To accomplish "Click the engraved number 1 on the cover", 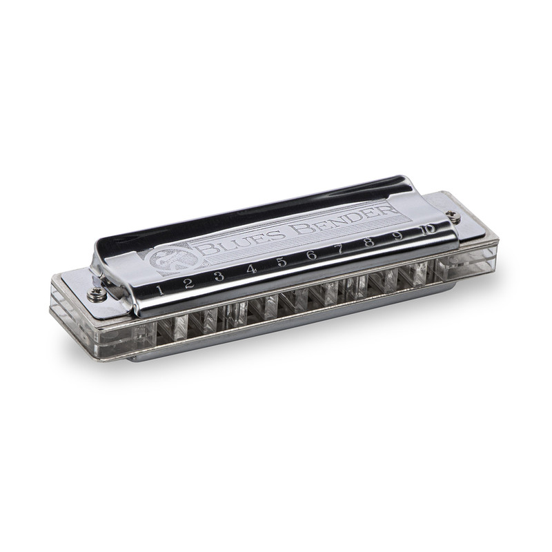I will click(x=160, y=289).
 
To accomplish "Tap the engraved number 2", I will click(x=188, y=282).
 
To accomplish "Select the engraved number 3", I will click(x=219, y=276).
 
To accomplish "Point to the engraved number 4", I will click(x=251, y=269).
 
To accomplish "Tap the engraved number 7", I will click(x=341, y=249).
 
